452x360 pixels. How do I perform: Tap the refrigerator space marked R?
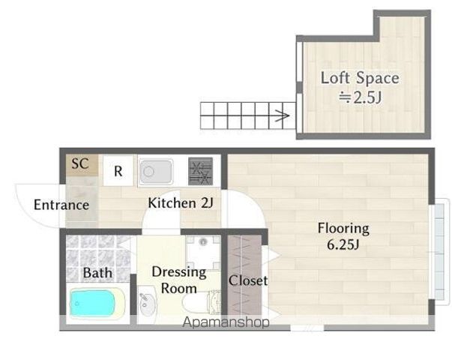click(x=118, y=170)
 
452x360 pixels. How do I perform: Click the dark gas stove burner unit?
click(x=201, y=171)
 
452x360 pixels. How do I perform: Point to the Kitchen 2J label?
click(x=181, y=203)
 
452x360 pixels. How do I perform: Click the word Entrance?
click(x=61, y=205)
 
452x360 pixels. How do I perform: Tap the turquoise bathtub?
click(x=92, y=303)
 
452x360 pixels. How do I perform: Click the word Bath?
click(x=97, y=273)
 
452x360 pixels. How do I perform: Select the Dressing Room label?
click(x=179, y=280)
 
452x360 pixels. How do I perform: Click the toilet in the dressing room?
click(x=202, y=303)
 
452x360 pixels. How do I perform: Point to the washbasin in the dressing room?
click(x=148, y=304)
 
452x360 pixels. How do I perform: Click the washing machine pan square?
click(x=203, y=253)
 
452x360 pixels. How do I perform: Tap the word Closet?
click(x=248, y=280)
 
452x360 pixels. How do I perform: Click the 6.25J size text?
click(x=343, y=245)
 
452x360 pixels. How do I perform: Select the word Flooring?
click(x=343, y=229)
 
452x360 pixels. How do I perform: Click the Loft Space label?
click(x=360, y=78)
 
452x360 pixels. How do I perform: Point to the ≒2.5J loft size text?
click(x=360, y=97)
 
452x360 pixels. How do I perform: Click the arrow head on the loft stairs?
click(x=285, y=116)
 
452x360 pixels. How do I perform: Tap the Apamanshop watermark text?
click(x=226, y=322)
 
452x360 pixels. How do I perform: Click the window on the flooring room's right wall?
click(x=439, y=252)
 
